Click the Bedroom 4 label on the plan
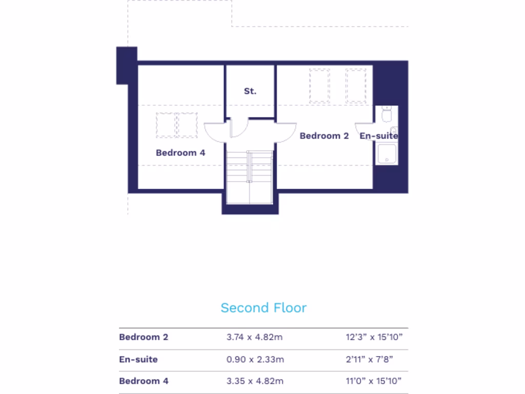click(180, 152)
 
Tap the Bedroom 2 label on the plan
click(324, 136)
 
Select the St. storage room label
click(250, 91)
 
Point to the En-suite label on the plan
click(379, 136)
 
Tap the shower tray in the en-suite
click(387, 154)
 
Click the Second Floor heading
click(264, 308)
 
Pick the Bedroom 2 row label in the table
click(144, 337)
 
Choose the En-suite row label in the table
click(138, 359)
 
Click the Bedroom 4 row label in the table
click(144, 381)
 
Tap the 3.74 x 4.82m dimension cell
click(255, 337)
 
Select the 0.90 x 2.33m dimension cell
click(255, 359)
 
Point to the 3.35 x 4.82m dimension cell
click(255, 381)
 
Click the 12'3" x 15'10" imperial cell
click(374, 337)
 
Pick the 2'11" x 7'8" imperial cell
click(370, 359)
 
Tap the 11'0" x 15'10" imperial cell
click(374, 381)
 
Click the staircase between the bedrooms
click(250, 177)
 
